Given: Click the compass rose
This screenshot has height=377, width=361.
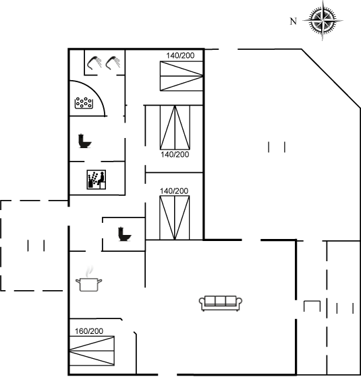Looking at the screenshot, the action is point(323,21).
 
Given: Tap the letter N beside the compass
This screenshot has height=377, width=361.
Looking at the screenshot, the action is point(293,22).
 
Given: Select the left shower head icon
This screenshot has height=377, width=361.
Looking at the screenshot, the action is point(94,63).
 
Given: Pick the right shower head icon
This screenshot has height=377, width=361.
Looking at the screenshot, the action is point(113,63).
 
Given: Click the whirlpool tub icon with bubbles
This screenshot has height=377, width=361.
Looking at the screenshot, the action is point(84,103).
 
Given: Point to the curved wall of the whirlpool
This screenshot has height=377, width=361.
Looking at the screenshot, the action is point(96,92).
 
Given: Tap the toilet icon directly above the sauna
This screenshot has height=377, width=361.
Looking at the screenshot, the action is point(85,141).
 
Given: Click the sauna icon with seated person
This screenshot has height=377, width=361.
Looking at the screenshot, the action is point(96,180).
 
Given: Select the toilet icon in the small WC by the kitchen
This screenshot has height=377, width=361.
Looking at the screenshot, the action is point(125,234).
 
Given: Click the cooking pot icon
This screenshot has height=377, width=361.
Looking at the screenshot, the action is point(88,284).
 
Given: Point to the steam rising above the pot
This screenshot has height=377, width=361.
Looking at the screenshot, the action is point(89,271).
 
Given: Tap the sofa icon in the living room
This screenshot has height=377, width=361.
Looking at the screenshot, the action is point(221,303).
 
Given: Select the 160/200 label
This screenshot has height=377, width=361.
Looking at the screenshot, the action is point(89,331).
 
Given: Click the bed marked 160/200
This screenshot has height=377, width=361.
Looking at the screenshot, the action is point(92,351).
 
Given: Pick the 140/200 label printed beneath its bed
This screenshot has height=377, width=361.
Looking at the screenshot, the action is point(175,154).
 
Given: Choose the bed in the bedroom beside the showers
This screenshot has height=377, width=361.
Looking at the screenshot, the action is point(182,76).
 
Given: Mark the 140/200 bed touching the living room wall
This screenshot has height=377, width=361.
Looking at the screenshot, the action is point(175,217).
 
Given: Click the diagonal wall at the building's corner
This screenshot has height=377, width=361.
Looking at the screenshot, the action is point(331,78).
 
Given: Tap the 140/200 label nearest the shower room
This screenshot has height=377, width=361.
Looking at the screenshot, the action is point(180,55).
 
